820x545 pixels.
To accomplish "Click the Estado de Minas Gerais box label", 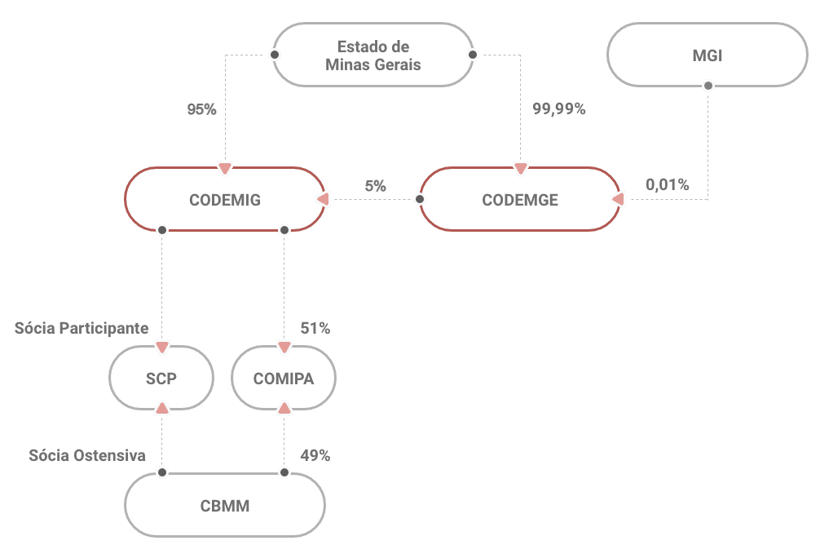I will pos(373,55).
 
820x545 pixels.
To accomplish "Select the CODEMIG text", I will pos(224,200).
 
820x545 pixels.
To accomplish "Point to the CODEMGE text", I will pos(520,200).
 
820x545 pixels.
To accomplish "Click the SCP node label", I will pos(161,379).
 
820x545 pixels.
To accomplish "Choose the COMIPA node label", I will pos(283,379).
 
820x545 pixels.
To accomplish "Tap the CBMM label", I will pos(224,506).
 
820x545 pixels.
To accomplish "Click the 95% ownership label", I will pos(201,109).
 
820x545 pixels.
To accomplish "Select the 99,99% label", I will pos(558,109).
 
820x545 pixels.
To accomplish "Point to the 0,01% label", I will pos(667,185).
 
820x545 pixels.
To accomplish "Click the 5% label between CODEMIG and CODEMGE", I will pos(375,186).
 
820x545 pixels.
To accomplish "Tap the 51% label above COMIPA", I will pos(315,328).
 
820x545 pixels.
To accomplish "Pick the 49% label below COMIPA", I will pos(315,455).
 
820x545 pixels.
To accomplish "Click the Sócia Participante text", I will pos(82,328).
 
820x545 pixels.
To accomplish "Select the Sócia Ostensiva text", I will pos(87,455).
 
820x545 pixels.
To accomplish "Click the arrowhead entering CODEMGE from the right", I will pos(617,199).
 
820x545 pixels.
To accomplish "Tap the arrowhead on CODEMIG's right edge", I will pos(322,199).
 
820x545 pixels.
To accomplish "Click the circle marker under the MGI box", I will pos(708,85).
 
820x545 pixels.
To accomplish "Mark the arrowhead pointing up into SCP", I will pos(161,406).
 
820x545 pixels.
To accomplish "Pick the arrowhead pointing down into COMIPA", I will pos(284,348).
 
